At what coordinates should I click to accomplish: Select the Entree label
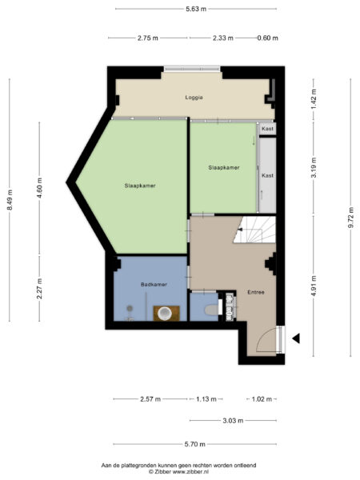pos(255,292)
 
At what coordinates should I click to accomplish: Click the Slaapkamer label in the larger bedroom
pos(139,185)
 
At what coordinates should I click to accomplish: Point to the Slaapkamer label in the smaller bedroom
pos(223,167)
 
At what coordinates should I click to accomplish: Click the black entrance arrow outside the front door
pos(295,338)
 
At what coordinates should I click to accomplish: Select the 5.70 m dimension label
pos(194,444)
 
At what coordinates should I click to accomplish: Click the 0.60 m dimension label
pos(267,38)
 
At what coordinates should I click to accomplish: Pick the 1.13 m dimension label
pos(206,398)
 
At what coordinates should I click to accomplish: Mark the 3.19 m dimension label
pos(314,170)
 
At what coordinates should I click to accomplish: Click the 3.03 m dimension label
pos(233,420)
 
